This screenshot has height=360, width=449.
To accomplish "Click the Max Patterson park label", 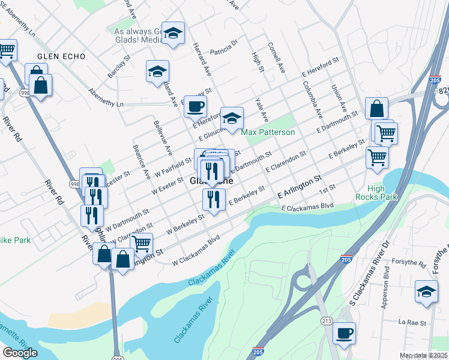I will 268,132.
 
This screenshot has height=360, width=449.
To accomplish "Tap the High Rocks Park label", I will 384,193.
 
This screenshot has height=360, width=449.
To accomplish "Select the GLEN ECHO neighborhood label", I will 61,56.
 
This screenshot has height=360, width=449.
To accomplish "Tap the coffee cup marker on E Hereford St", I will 194,107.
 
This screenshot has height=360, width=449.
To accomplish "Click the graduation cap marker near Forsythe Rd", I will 426,293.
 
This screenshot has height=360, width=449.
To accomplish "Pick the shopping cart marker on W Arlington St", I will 142,244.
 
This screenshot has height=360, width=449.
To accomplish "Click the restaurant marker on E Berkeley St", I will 214,199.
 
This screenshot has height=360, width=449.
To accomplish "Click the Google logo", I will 20,352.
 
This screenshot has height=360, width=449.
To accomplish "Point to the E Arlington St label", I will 300,187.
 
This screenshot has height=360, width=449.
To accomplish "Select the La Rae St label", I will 412,323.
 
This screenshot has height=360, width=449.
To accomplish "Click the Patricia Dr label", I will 223,46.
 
